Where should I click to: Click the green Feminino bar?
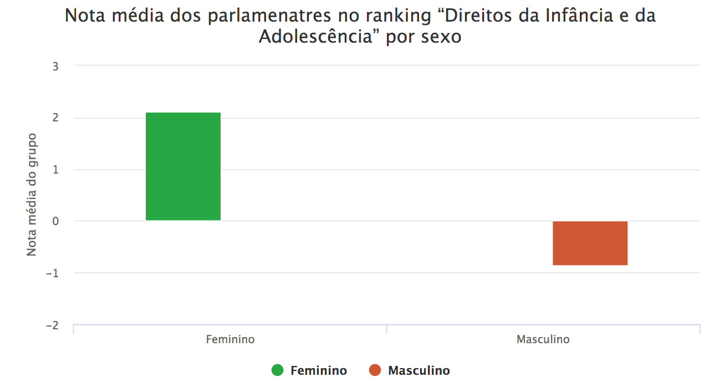pyautogui.click(x=183, y=166)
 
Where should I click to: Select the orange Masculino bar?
pyautogui.click(x=590, y=243)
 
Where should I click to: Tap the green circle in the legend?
pyautogui.click(x=278, y=370)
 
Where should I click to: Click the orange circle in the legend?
pyautogui.click(x=375, y=370)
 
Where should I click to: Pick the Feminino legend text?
pyautogui.click(x=319, y=370)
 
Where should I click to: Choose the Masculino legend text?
pyautogui.click(x=419, y=370)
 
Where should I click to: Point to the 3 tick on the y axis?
pyautogui.click(x=55, y=66)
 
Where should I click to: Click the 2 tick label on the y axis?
pyautogui.click(x=55, y=118)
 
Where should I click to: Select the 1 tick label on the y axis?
pyautogui.click(x=55, y=170)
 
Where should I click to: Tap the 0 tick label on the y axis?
pyautogui.click(x=55, y=221)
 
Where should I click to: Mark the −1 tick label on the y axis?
pyautogui.click(x=53, y=273)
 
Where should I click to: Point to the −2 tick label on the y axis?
pyautogui.click(x=53, y=325)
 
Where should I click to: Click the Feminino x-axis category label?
pyautogui.click(x=230, y=339)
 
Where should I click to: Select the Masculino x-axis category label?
pyautogui.click(x=543, y=339)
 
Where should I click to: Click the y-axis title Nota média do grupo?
pyautogui.click(x=32, y=194)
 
